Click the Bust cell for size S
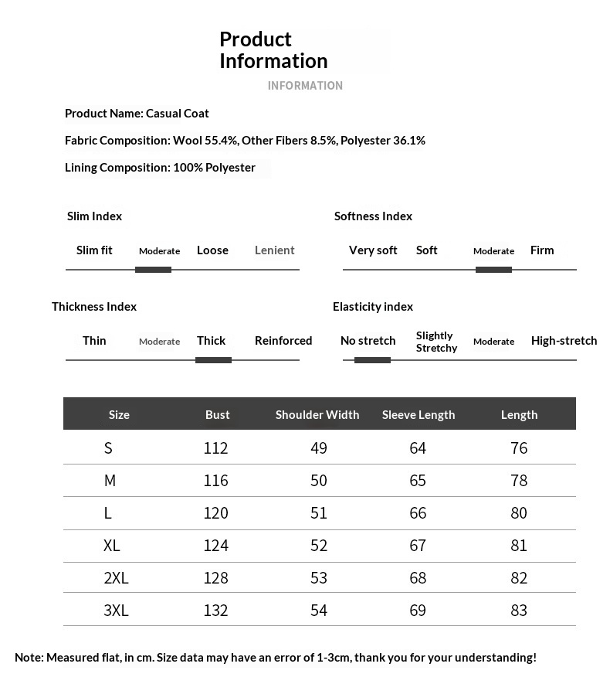[216, 448]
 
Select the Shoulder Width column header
[317, 415]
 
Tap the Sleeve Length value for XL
[418, 546]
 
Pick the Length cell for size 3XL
[519, 611]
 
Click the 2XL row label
[116, 578]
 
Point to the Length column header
[519, 415]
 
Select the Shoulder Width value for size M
[319, 481]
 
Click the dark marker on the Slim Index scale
[153, 270]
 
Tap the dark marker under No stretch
[372, 360]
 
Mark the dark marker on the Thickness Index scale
[213, 360]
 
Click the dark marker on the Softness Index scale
[493, 270]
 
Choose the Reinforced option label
[283, 341]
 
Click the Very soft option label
[373, 250]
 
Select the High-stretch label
[564, 341]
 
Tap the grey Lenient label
[275, 250]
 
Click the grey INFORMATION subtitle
[305, 86]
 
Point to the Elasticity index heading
[373, 307]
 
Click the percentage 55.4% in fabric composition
[222, 141]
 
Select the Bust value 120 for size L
[216, 513]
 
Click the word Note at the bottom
[29, 658]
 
